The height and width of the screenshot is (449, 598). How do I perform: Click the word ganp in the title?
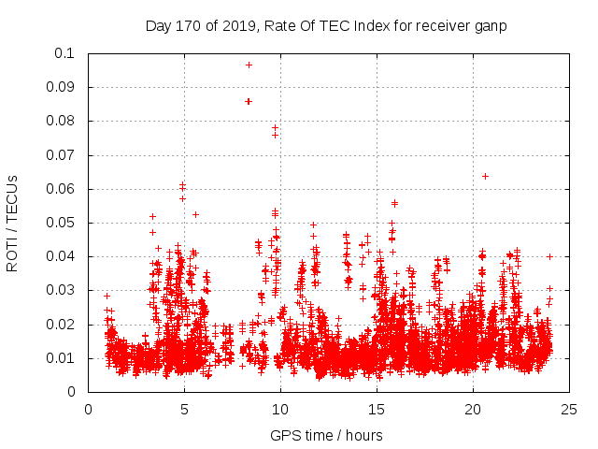[488, 26]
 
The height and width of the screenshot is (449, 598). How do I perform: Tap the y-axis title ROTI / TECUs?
[12, 223]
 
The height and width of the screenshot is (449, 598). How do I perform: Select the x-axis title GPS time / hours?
[326, 435]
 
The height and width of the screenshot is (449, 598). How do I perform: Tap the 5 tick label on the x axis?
[184, 409]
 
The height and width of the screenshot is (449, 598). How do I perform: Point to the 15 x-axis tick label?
[377, 409]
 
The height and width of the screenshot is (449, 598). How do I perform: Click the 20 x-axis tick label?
[473, 409]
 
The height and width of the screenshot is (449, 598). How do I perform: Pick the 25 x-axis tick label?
[569, 409]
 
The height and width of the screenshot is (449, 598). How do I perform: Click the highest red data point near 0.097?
[249, 65]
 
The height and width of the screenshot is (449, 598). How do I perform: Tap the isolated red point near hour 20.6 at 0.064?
[485, 176]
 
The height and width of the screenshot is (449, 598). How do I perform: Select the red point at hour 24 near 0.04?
[550, 256]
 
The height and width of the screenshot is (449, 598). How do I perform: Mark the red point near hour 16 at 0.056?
[394, 203]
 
